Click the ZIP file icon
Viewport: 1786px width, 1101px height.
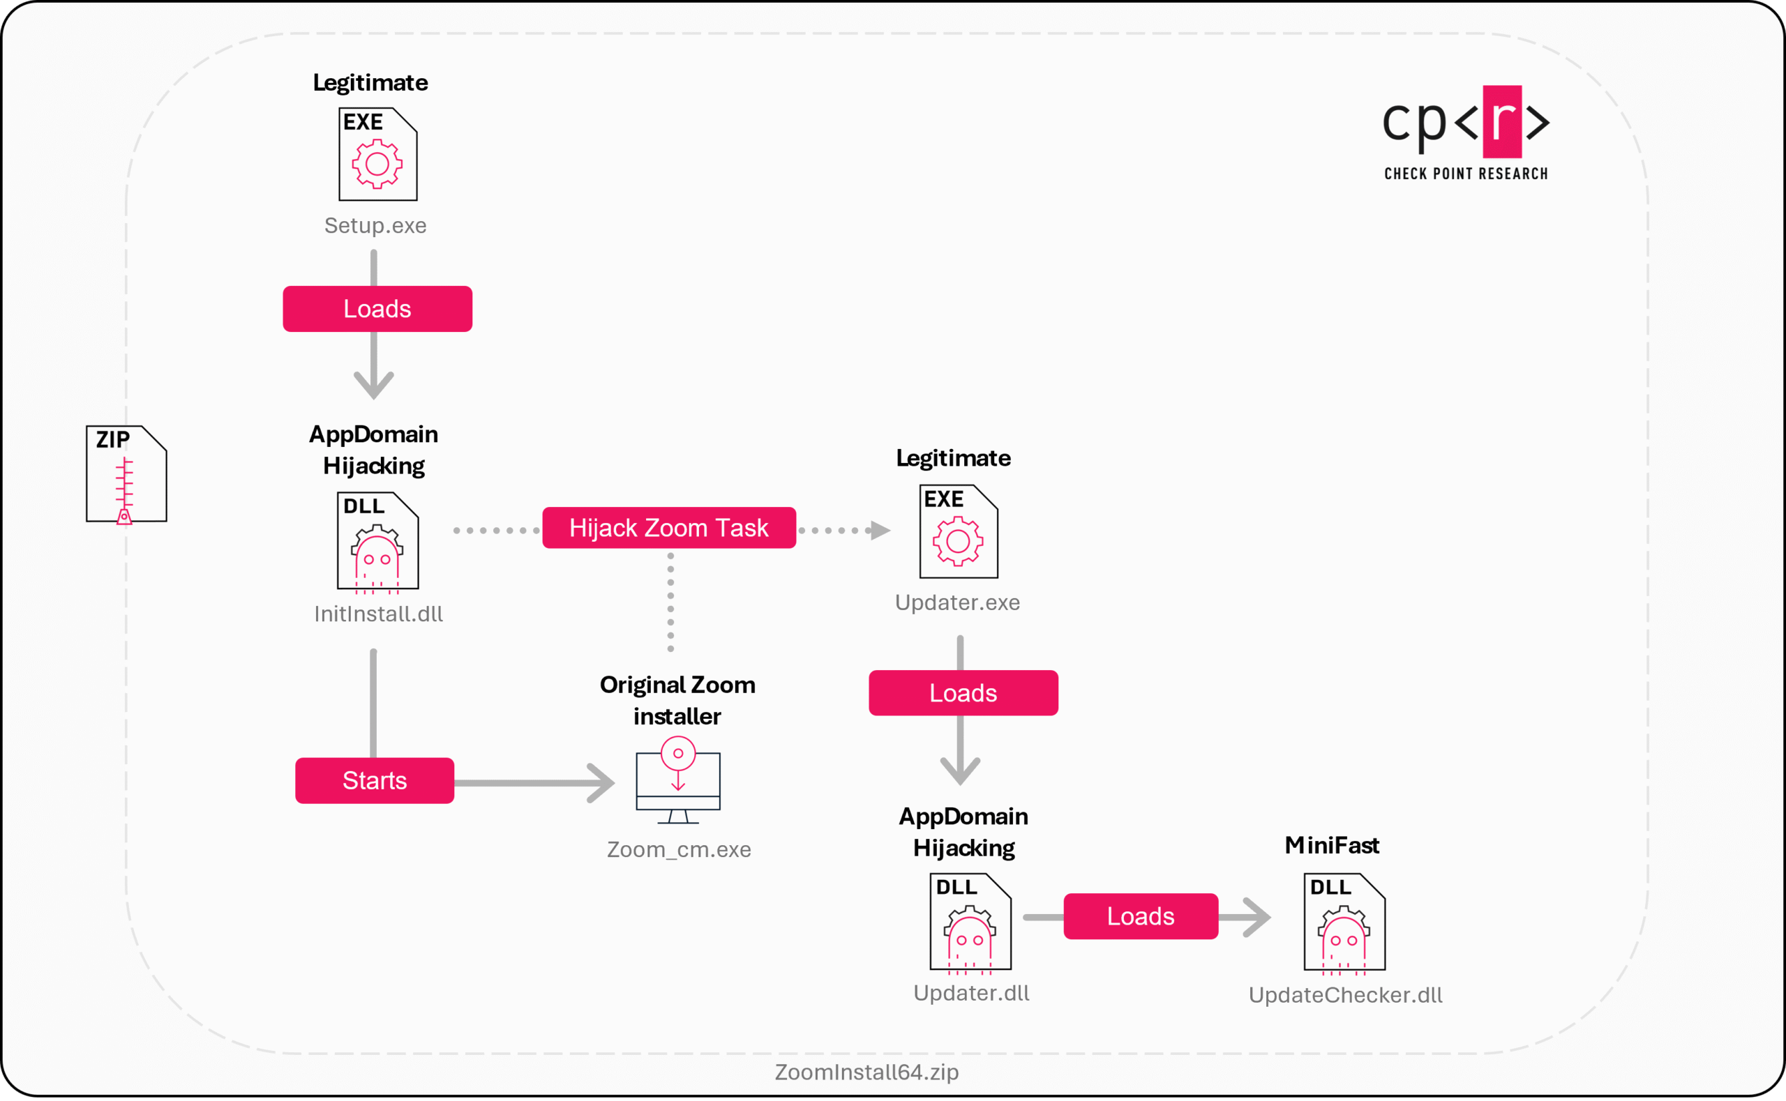tap(127, 475)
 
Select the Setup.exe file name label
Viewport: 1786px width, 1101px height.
tap(376, 226)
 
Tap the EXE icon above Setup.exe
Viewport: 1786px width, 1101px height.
tap(378, 154)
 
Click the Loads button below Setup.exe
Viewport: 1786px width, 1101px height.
tap(377, 309)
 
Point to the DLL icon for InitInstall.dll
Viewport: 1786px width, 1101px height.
tap(378, 542)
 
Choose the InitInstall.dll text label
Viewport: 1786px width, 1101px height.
tap(379, 614)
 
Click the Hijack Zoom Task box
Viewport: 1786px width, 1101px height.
tap(669, 528)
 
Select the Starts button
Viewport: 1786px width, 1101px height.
tap(375, 781)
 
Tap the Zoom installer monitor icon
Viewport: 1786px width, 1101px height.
tap(678, 780)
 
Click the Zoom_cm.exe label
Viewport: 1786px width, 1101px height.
tap(679, 850)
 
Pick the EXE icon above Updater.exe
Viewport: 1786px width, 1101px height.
tap(959, 531)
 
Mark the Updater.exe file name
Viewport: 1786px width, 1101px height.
tap(958, 603)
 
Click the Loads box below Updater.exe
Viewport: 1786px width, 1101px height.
tap(963, 692)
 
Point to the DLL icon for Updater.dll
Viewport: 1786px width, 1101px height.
tap(971, 923)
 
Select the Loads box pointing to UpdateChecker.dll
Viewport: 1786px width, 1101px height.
tap(1141, 916)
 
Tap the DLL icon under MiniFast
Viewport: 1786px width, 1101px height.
tap(1344, 923)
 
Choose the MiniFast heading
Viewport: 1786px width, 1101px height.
tap(1333, 844)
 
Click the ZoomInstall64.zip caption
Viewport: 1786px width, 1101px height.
tap(866, 1072)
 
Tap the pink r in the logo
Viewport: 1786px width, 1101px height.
tap(1503, 121)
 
